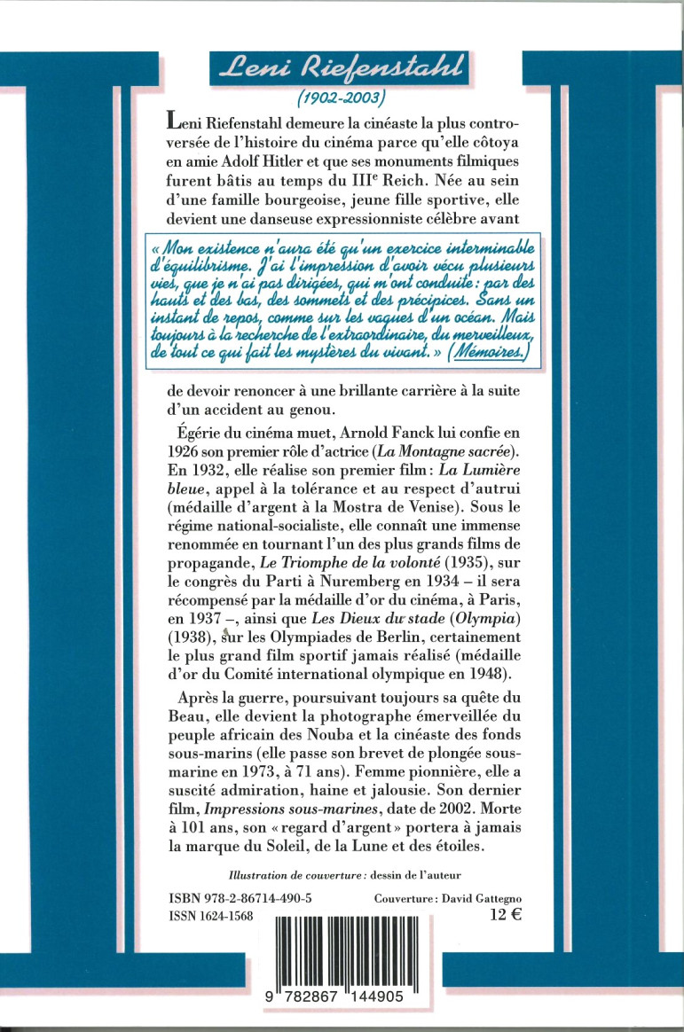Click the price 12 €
(504, 918)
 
